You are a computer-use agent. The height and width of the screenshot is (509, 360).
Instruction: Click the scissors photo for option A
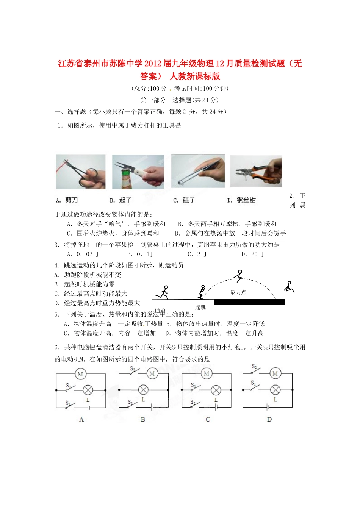(x=81, y=172)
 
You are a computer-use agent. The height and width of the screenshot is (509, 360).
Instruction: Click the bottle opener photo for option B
(x=138, y=172)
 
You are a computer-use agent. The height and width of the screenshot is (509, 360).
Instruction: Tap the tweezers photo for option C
(x=198, y=171)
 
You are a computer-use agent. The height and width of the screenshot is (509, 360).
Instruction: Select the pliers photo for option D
(x=256, y=171)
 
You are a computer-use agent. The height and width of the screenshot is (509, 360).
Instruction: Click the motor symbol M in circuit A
(x=80, y=374)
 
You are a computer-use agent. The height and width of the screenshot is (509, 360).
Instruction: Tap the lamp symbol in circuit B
(x=143, y=390)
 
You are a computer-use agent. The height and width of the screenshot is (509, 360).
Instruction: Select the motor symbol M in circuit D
(x=275, y=373)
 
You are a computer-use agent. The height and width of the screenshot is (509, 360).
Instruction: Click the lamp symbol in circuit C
(x=216, y=390)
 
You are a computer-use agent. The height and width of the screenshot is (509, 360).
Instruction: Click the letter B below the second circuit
(x=143, y=419)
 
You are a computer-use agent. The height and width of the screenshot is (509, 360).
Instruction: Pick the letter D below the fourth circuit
(x=269, y=419)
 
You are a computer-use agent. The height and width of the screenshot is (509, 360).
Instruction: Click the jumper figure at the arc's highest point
(x=239, y=276)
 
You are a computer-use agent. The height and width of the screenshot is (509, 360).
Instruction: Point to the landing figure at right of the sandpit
(x=289, y=287)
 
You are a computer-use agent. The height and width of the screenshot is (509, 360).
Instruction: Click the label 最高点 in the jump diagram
(x=238, y=292)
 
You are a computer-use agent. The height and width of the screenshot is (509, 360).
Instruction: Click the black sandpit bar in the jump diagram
(x=249, y=302)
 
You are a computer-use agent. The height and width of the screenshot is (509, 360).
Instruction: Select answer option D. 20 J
(x=253, y=254)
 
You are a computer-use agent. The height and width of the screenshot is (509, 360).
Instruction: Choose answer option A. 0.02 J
(x=83, y=254)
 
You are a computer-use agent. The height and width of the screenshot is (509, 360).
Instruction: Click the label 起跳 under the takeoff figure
(x=200, y=307)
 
